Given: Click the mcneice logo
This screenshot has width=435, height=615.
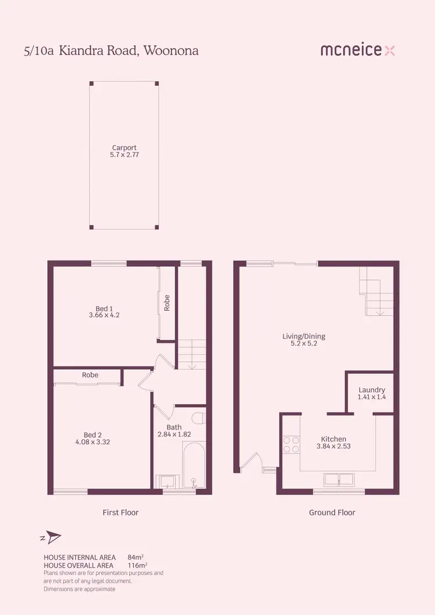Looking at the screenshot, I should pyautogui.click(x=358, y=50).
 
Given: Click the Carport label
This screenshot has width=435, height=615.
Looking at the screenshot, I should pyautogui.click(x=124, y=148).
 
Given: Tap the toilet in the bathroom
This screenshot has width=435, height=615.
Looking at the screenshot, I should pyautogui.click(x=199, y=418).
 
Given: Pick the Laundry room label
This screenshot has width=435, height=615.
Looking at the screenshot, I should pyautogui.click(x=372, y=390).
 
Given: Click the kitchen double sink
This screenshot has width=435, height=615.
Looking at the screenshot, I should pyautogui.click(x=338, y=479).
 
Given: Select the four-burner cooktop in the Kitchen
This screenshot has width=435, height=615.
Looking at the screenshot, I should pyautogui.click(x=291, y=444).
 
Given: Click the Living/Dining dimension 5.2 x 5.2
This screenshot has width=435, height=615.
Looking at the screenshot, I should pyautogui.click(x=303, y=343).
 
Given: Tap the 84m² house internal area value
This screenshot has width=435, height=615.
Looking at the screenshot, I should pyautogui.click(x=136, y=558).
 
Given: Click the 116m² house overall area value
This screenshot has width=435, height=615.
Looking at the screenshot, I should pyautogui.click(x=137, y=565).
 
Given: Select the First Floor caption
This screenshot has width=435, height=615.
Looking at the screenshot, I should pyautogui.click(x=121, y=512).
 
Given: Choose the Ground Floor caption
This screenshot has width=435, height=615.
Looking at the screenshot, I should pyautogui.click(x=332, y=512).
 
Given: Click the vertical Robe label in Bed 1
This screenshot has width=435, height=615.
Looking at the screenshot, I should pyautogui.click(x=167, y=303).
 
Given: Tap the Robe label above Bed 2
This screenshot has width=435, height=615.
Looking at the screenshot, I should pyautogui.click(x=90, y=375).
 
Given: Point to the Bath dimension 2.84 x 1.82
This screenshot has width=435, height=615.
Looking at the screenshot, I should pyautogui.click(x=174, y=434).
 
